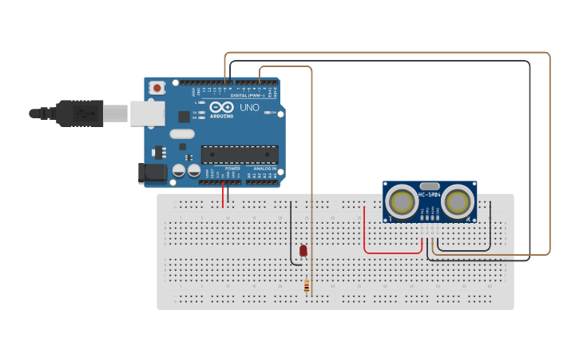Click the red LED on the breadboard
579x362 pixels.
[303, 251]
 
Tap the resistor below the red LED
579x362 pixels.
[307, 286]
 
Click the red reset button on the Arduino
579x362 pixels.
[157, 87]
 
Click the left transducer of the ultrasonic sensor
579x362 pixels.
[401, 201]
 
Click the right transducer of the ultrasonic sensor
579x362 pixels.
[458, 201]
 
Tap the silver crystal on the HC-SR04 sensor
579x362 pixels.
[430, 185]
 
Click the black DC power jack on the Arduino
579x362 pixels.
[152, 173]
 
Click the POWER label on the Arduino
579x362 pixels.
[232, 169]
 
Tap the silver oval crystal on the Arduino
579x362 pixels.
[181, 134]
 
